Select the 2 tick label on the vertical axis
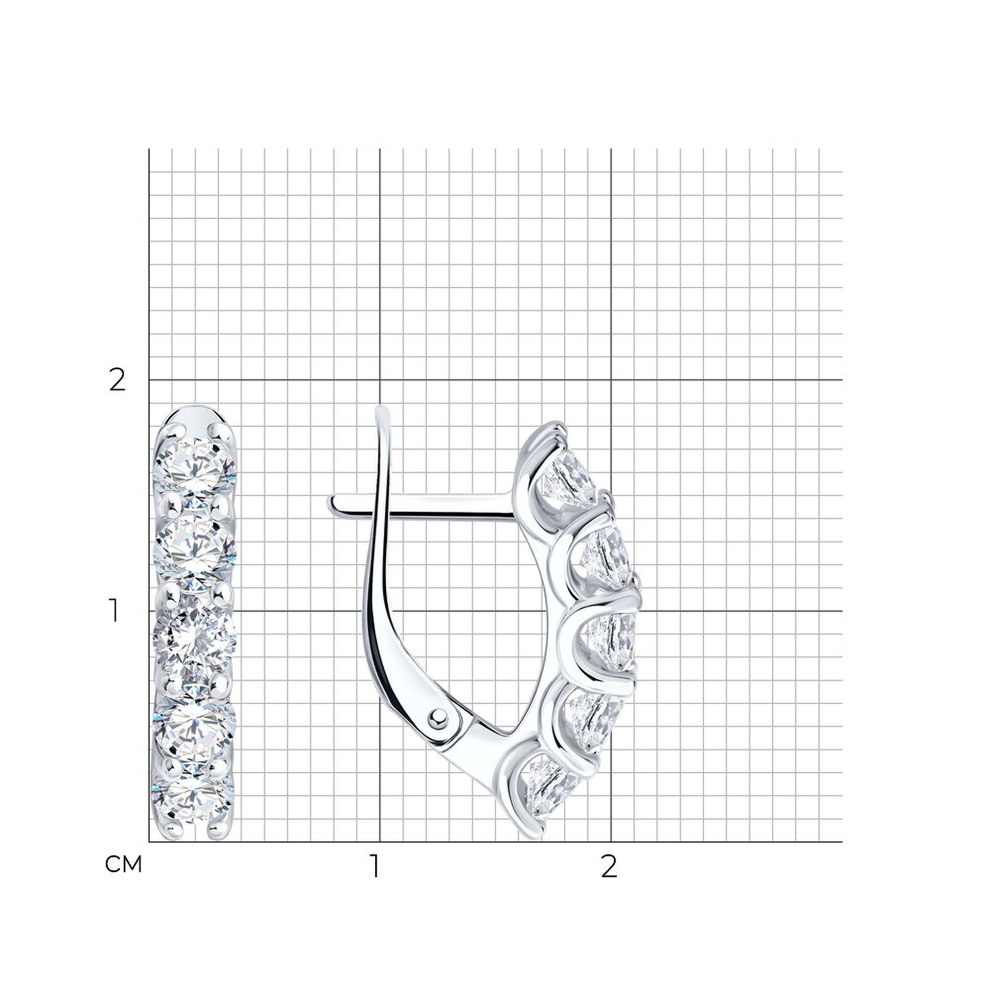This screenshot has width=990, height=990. click(x=117, y=381)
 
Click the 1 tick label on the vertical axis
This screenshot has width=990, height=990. click(x=114, y=611)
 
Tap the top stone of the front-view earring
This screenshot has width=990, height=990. click(x=195, y=467)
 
